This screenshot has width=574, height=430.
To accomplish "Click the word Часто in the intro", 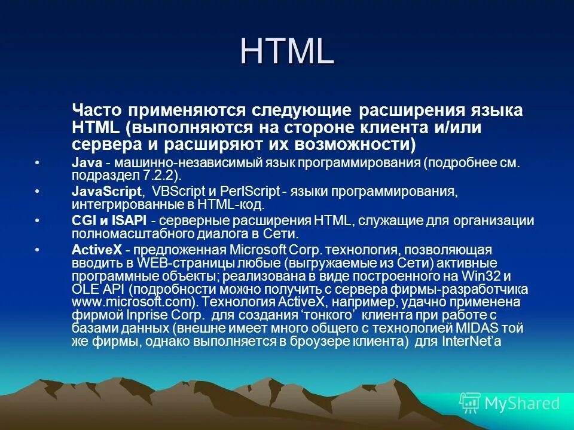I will [97, 110].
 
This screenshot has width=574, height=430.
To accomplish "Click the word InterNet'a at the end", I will [471, 342].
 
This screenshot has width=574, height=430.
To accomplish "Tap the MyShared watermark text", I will [521, 403].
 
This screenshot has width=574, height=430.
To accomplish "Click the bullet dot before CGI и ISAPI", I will [38, 221].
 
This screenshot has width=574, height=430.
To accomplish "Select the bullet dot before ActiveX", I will [38, 250].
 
